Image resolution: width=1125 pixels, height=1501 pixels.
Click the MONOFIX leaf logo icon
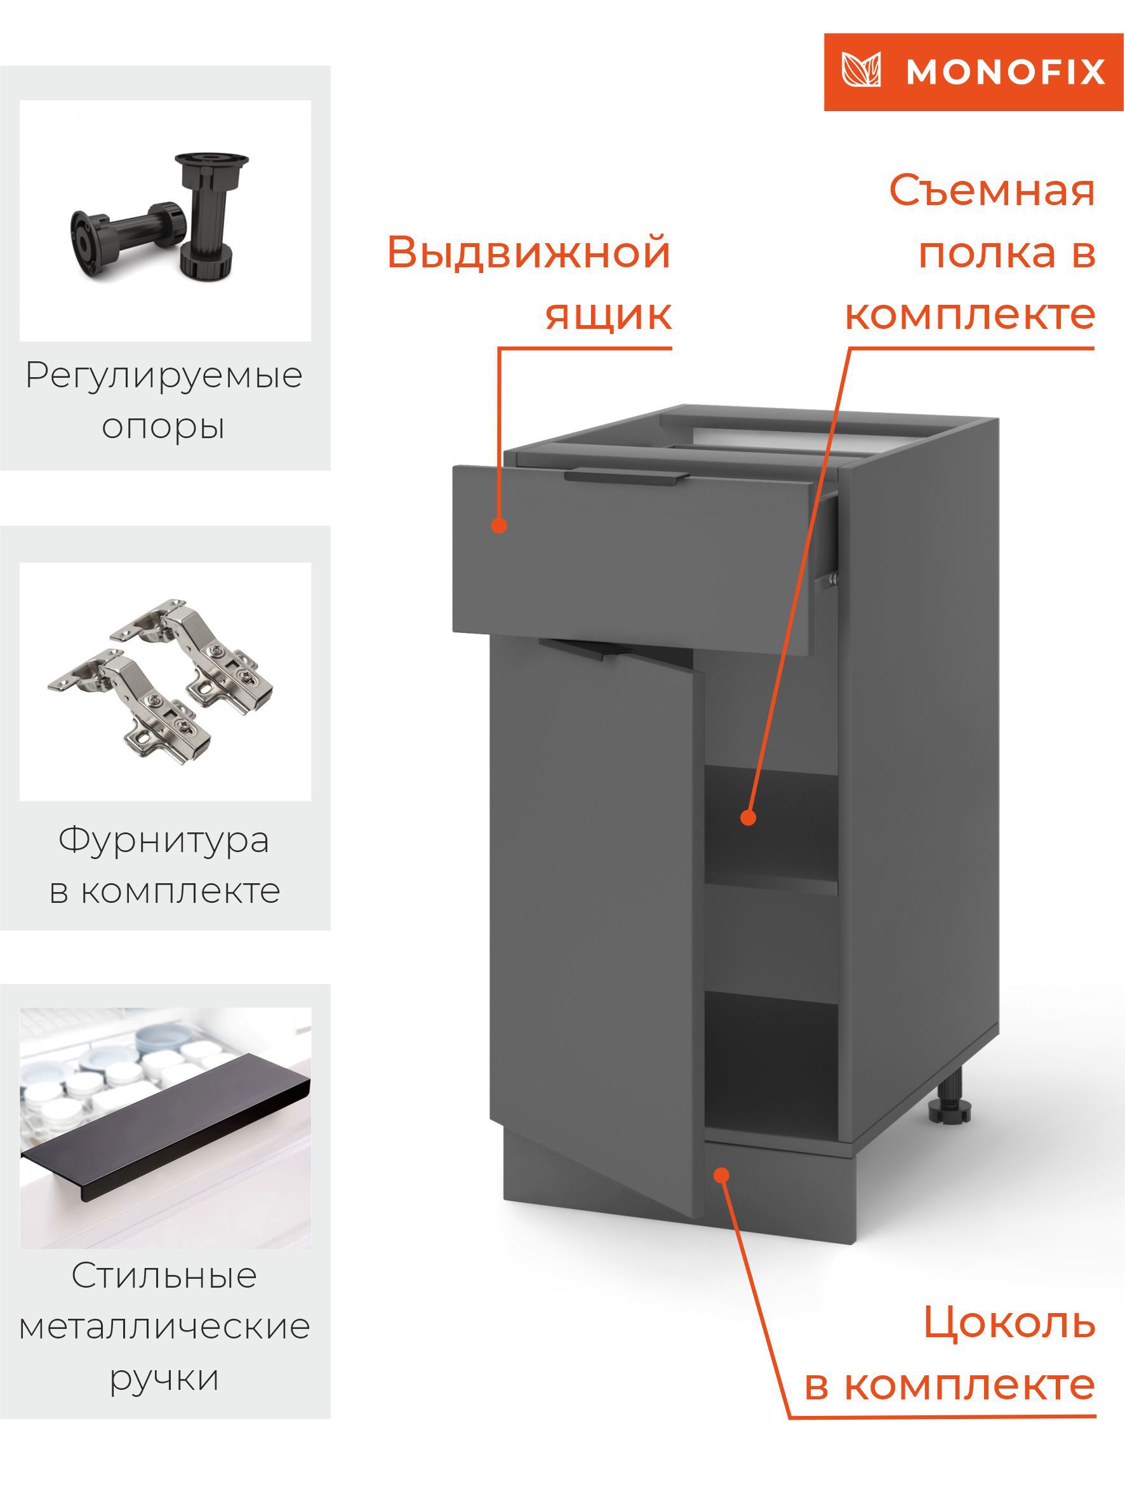[861, 70]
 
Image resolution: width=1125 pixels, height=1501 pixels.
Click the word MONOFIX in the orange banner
[1005, 72]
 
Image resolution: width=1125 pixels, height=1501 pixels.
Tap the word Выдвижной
[529, 253]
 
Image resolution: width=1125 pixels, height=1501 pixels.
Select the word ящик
[609, 316]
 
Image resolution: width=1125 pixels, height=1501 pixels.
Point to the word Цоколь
[1009, 1323]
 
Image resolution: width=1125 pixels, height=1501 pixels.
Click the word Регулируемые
[164, 375]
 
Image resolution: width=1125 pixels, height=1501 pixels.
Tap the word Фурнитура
[164, 840]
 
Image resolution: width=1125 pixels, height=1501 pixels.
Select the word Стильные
[164, 1276]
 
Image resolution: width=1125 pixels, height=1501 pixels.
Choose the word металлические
[164, 1326]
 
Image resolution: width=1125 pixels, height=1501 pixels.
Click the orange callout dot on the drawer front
[500, 526]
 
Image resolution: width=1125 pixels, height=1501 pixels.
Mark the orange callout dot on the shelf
[748, 818]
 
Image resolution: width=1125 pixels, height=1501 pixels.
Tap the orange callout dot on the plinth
[722, 1174]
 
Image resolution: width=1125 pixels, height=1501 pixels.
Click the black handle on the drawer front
[625, 477]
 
